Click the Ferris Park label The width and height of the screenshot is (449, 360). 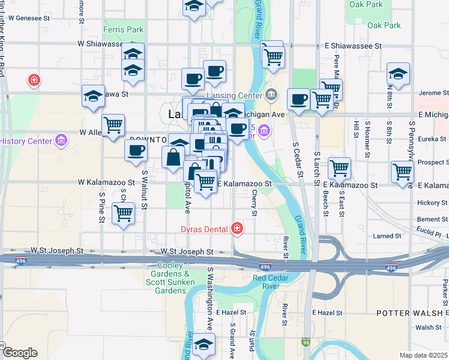coord(123,29)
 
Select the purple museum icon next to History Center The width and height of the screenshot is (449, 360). coord(61,141)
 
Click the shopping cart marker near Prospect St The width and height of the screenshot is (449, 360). coord(402,172)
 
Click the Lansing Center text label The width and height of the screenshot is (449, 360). coord(238,95)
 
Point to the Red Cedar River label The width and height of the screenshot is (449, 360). coord(276,282)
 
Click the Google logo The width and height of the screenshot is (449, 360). coord(19,353)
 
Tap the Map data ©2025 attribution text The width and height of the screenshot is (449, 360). coord(424,355)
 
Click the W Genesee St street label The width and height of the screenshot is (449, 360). coord(26,18)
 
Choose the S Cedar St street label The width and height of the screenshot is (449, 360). coord(296,160)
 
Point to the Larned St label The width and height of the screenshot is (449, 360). coord(387,236)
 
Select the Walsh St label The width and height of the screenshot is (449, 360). coord(429,328)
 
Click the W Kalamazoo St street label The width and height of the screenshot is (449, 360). coord(106,182)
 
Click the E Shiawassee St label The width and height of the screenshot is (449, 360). coord(353,46)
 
